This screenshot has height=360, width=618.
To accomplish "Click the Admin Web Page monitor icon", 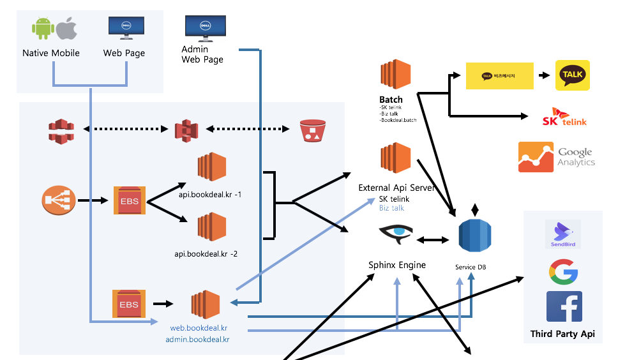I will (205, 29).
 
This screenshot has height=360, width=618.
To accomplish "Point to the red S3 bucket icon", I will (312, 131).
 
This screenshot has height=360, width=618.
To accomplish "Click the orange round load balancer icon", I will (59, 200).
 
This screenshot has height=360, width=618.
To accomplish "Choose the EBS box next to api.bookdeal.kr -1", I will (130, 200).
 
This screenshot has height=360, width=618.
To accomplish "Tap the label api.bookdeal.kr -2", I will (206, 254).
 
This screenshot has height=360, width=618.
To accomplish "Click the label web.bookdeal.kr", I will (199, 328).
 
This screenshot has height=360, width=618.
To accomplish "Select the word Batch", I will (391, 100).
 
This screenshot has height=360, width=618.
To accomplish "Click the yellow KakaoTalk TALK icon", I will (573, 75).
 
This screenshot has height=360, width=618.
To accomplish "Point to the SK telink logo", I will (564, 117).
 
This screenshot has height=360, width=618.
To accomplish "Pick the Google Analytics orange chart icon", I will (536, 157).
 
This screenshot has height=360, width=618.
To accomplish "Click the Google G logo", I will (563, 272).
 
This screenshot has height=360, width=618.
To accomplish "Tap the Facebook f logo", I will (564, 306).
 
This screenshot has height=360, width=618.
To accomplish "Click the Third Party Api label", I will (562, 334).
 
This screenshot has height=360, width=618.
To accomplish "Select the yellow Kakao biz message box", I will (499, 76).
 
